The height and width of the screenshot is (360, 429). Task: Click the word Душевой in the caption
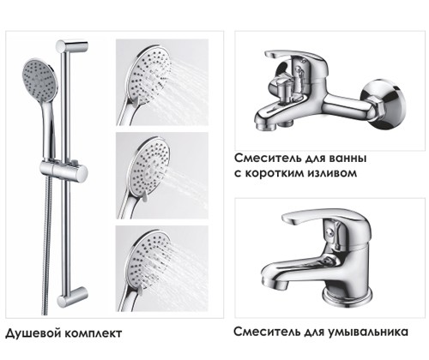[x=33, y=333]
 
